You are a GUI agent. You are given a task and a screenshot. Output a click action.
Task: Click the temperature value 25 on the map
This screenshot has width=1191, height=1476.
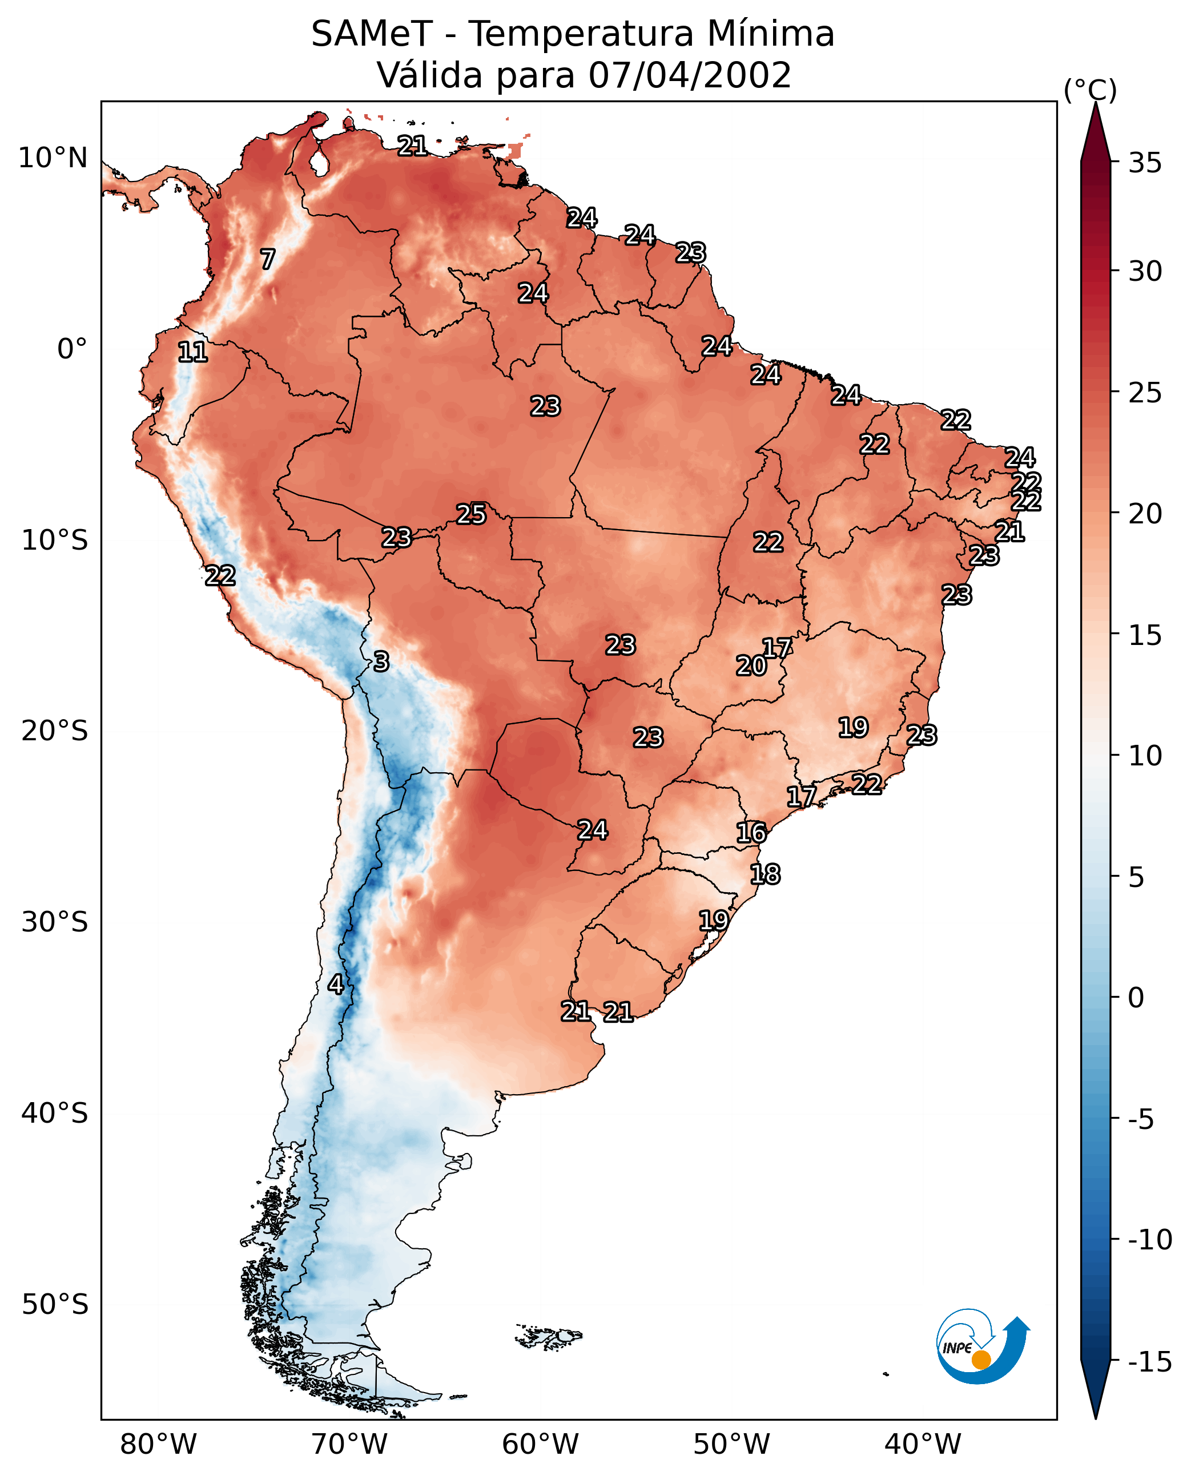tap(472, 514)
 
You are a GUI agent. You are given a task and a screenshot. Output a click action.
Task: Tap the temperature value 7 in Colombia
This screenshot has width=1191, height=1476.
tap(268, 259)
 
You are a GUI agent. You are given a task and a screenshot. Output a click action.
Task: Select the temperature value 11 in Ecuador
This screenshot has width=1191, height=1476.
tap(193, 352)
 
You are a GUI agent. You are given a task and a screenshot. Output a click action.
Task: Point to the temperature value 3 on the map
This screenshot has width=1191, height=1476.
tap(381, 661)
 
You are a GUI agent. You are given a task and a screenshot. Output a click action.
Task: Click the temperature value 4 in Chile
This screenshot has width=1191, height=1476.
tap(336, 984)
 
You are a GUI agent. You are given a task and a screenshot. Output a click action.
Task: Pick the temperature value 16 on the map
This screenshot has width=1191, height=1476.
tap(751, 833)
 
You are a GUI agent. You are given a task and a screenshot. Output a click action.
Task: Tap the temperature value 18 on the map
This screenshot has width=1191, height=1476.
tap(765, 874)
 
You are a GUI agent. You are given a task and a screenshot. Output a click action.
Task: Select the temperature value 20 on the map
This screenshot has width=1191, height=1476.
tap(751, 666)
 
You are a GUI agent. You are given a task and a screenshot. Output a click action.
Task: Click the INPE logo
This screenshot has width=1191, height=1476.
tap(983, 1346)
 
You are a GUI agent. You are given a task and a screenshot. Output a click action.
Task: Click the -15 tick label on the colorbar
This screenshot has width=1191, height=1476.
tap(1150, 1361)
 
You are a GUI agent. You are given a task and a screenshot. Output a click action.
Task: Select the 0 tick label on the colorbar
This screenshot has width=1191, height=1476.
tap(1136, 998)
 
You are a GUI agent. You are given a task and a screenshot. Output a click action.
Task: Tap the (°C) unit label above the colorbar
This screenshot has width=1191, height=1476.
tap(1090, 90)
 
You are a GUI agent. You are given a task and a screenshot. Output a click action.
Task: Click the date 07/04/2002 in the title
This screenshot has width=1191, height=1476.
tap(690, 75)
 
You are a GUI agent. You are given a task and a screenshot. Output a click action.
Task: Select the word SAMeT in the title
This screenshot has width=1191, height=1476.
tap(372, 34)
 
